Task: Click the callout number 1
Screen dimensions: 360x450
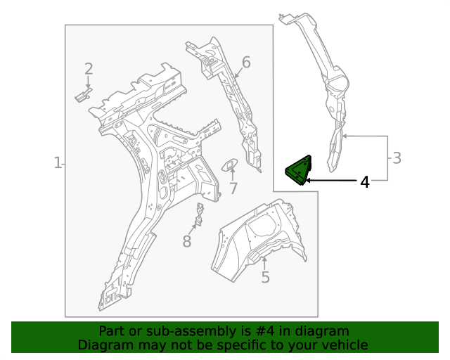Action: (58, 163)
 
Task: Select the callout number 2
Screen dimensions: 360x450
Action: (89, 69)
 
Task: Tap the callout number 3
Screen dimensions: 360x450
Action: (397, 158)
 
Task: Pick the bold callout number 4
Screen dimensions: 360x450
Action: (364, 182)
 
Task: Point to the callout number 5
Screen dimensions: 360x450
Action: (265, 278)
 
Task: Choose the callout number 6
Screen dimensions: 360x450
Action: (246, 63)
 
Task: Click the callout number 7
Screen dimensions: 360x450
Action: (233, 188)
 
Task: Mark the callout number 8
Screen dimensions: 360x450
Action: (186, 242)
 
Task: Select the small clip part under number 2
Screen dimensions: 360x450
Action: (84, 94)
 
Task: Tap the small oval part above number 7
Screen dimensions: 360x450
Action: (230, 165)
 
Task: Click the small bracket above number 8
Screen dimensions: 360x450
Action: (200, 215)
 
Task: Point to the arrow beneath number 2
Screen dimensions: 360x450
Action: (89, 82)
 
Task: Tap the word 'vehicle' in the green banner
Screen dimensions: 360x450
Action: (344, 345)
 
